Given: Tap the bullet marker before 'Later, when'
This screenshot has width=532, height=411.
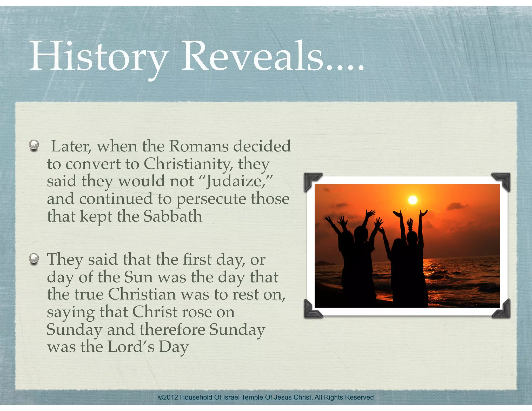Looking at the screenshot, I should (x=34, y=145).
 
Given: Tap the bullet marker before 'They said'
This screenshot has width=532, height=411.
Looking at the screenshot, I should (x=34, y=258).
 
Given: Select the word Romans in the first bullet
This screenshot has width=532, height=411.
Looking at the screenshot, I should (x=199, y=146).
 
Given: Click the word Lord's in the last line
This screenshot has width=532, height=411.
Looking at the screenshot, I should (x=131, y=347).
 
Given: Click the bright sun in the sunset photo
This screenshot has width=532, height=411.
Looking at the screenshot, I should (x=413, y=200).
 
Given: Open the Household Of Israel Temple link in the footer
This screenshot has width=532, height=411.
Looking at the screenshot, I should (x=245, y=397).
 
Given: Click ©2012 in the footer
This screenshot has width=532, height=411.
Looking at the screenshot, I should (x=168, y=397).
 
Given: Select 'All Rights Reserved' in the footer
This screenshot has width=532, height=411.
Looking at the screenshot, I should (x=344, y=397).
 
